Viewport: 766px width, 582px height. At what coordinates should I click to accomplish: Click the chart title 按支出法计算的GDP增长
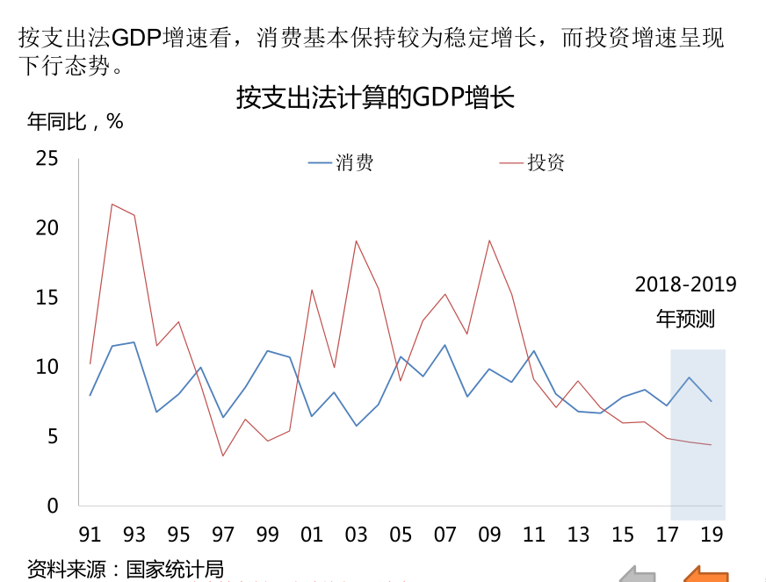coord(375,97)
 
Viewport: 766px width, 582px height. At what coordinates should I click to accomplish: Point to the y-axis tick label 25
coord(47,159)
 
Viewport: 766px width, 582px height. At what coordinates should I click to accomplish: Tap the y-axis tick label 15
coord(47,298)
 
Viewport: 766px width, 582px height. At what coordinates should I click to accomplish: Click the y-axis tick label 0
coord(53,506)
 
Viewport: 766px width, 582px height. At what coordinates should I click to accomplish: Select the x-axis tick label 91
coord(90,535)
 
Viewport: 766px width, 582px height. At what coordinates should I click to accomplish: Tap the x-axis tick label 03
coord(356,535)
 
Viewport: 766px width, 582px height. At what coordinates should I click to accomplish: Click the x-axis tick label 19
coord(712,535)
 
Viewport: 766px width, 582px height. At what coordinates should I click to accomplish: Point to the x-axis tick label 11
coord(533,535)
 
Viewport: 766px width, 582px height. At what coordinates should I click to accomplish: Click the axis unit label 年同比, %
coord(76,122)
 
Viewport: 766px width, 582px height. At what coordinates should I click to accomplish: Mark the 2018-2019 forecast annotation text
coord(685,284)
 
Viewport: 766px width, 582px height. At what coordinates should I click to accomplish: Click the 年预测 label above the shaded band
coord(685,318)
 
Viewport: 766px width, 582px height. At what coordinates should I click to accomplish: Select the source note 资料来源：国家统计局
coord(125,568)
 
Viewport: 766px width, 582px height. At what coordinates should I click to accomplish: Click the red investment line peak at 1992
coord(112,204)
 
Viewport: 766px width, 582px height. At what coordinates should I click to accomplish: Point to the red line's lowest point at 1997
coord(223,456)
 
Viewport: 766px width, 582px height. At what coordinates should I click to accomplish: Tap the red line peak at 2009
coord(489,240)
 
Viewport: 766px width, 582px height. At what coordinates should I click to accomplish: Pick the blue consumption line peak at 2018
coord(689,377)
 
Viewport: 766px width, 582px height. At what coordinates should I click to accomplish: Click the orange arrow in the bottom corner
coord(708,573)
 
